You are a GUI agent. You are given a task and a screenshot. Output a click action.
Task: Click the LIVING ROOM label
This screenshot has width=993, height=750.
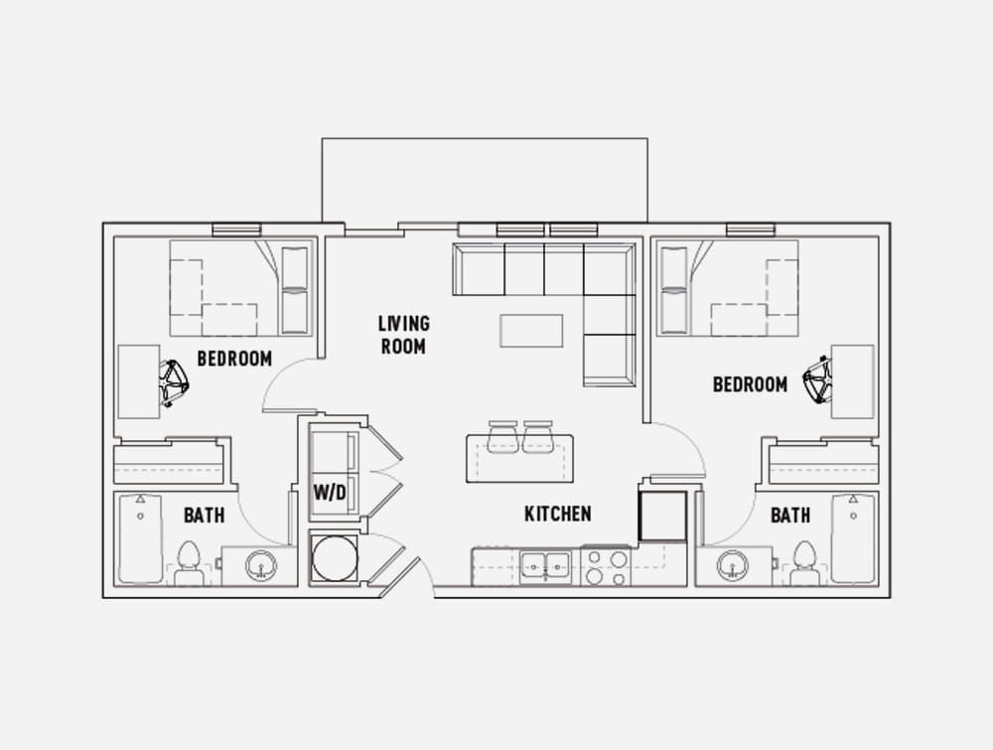pyautogui.click(x=404, y=335)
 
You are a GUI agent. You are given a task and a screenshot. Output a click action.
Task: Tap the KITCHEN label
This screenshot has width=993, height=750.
pyautogui.click(x=558, y=514)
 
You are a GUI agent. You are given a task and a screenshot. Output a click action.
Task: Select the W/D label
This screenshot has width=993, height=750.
pyautogui.click(x=330, y=492)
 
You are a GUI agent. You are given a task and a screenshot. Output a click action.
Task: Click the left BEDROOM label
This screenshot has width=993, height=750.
pyautogui.click(x=234, y=359)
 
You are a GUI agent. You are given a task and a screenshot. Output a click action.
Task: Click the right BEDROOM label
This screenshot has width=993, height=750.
pyautogui.click(x=751, y=383)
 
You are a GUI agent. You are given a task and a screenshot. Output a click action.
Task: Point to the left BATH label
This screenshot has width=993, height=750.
pyautogui.click(x=204, y=515)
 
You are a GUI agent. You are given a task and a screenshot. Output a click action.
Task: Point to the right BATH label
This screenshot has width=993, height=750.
pyautogui.click(x=790, y=515)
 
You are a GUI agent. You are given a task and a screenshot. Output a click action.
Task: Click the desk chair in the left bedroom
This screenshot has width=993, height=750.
pyautogui.click(x=173, y=383)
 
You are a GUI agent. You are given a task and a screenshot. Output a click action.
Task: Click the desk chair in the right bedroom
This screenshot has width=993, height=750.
pyautogui.click(x=817, y=380)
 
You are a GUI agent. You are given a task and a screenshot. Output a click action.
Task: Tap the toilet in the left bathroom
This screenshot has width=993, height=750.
pyautogui.click(x=189, y=563)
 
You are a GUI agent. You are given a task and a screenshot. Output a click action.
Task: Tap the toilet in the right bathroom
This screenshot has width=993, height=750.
pyautogui.click(x=805, y=563)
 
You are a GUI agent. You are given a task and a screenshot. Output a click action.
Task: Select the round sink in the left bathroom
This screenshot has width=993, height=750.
pyautogui.click(x=260, y=565)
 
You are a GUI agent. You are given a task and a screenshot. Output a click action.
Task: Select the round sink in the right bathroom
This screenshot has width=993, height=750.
pyautogui.click(x=733, y=565)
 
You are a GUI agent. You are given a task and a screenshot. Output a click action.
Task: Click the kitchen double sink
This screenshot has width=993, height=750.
pyautogui.click(x=545, y=565)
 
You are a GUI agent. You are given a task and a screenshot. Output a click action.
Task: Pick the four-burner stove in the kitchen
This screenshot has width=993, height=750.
pyautogui.click(x=606, y=566)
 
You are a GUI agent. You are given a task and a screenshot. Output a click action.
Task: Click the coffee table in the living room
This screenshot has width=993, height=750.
pyautogui.click(x=531, y=331)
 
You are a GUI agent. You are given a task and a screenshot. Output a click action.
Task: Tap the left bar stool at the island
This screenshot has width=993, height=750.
pyautogui.click(x=503, y=437)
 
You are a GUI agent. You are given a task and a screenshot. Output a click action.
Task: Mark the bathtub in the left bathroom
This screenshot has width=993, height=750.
pyautogui.click(x=141, y=537)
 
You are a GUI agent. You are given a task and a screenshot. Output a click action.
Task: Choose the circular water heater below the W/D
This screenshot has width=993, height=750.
pyautogui.click(x=335, y=558)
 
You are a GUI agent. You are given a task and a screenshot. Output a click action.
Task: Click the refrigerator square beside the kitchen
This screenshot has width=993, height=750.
pyautogui.click(x=663, y=515)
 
